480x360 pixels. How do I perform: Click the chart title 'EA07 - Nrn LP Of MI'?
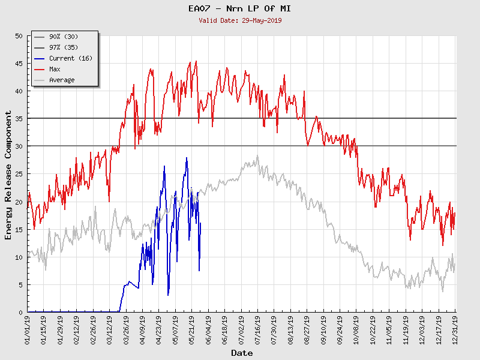click(240, 8)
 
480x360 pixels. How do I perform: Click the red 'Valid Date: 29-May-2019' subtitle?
click(240, 20)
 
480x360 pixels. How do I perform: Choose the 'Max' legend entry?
click(55, 70)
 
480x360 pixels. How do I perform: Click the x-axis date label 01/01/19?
click(28, 329)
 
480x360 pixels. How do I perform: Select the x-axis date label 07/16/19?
click(257, 329)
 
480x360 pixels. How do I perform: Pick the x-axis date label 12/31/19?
click(455, 329)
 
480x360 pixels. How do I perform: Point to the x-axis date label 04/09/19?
click(143, 329)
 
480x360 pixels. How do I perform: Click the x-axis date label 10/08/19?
click(356, 329)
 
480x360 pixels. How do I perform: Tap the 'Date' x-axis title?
click(242, 353)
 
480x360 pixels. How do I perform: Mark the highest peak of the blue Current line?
click(187, 158)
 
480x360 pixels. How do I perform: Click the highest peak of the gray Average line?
click(257, 156)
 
